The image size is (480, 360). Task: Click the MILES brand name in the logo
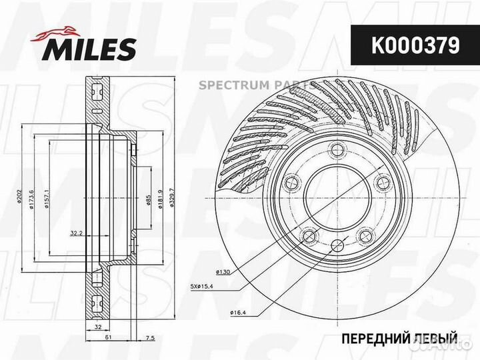click(90, 49)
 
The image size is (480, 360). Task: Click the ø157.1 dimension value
click(47, 198)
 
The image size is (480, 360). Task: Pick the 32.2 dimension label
click(76, 233)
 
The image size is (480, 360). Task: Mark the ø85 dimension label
click(148, 198)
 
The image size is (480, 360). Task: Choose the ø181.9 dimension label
click(160, 198)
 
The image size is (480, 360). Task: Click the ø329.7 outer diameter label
click(172, 198)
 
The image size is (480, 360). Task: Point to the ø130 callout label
click(222, 271)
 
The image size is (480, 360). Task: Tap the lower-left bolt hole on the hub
click(308, 236)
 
